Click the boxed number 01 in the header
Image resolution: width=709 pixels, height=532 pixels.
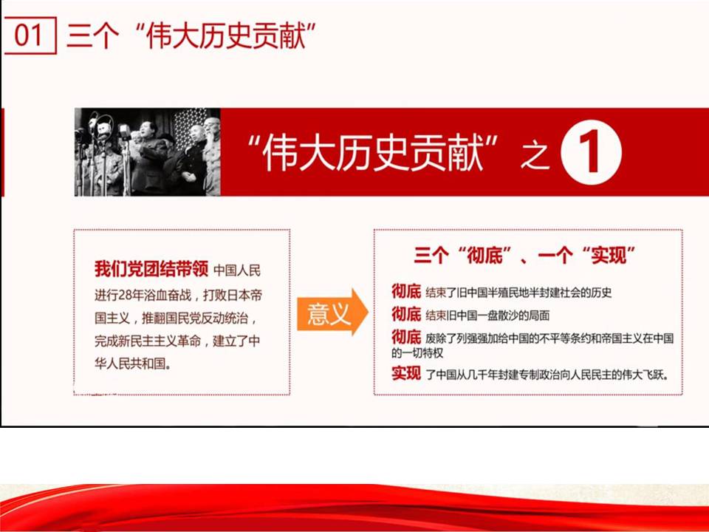coord(29,35)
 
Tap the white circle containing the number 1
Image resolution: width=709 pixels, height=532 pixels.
coord(591,152)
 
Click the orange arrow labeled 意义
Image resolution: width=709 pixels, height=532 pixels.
coord(332,312)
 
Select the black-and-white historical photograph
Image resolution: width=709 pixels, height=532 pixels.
coord(148,152)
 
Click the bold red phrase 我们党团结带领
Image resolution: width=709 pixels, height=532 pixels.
coord(151,269)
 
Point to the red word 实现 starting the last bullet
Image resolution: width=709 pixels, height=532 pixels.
coord(406,373)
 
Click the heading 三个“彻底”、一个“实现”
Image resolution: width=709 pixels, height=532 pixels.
coord(525,256)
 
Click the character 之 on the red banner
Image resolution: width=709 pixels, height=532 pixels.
coord(535,155)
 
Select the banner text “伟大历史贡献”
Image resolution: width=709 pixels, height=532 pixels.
coord(373,153)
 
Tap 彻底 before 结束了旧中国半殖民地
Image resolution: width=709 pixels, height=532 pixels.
coord(406,292)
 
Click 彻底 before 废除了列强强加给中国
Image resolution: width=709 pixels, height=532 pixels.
coord(406,337)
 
